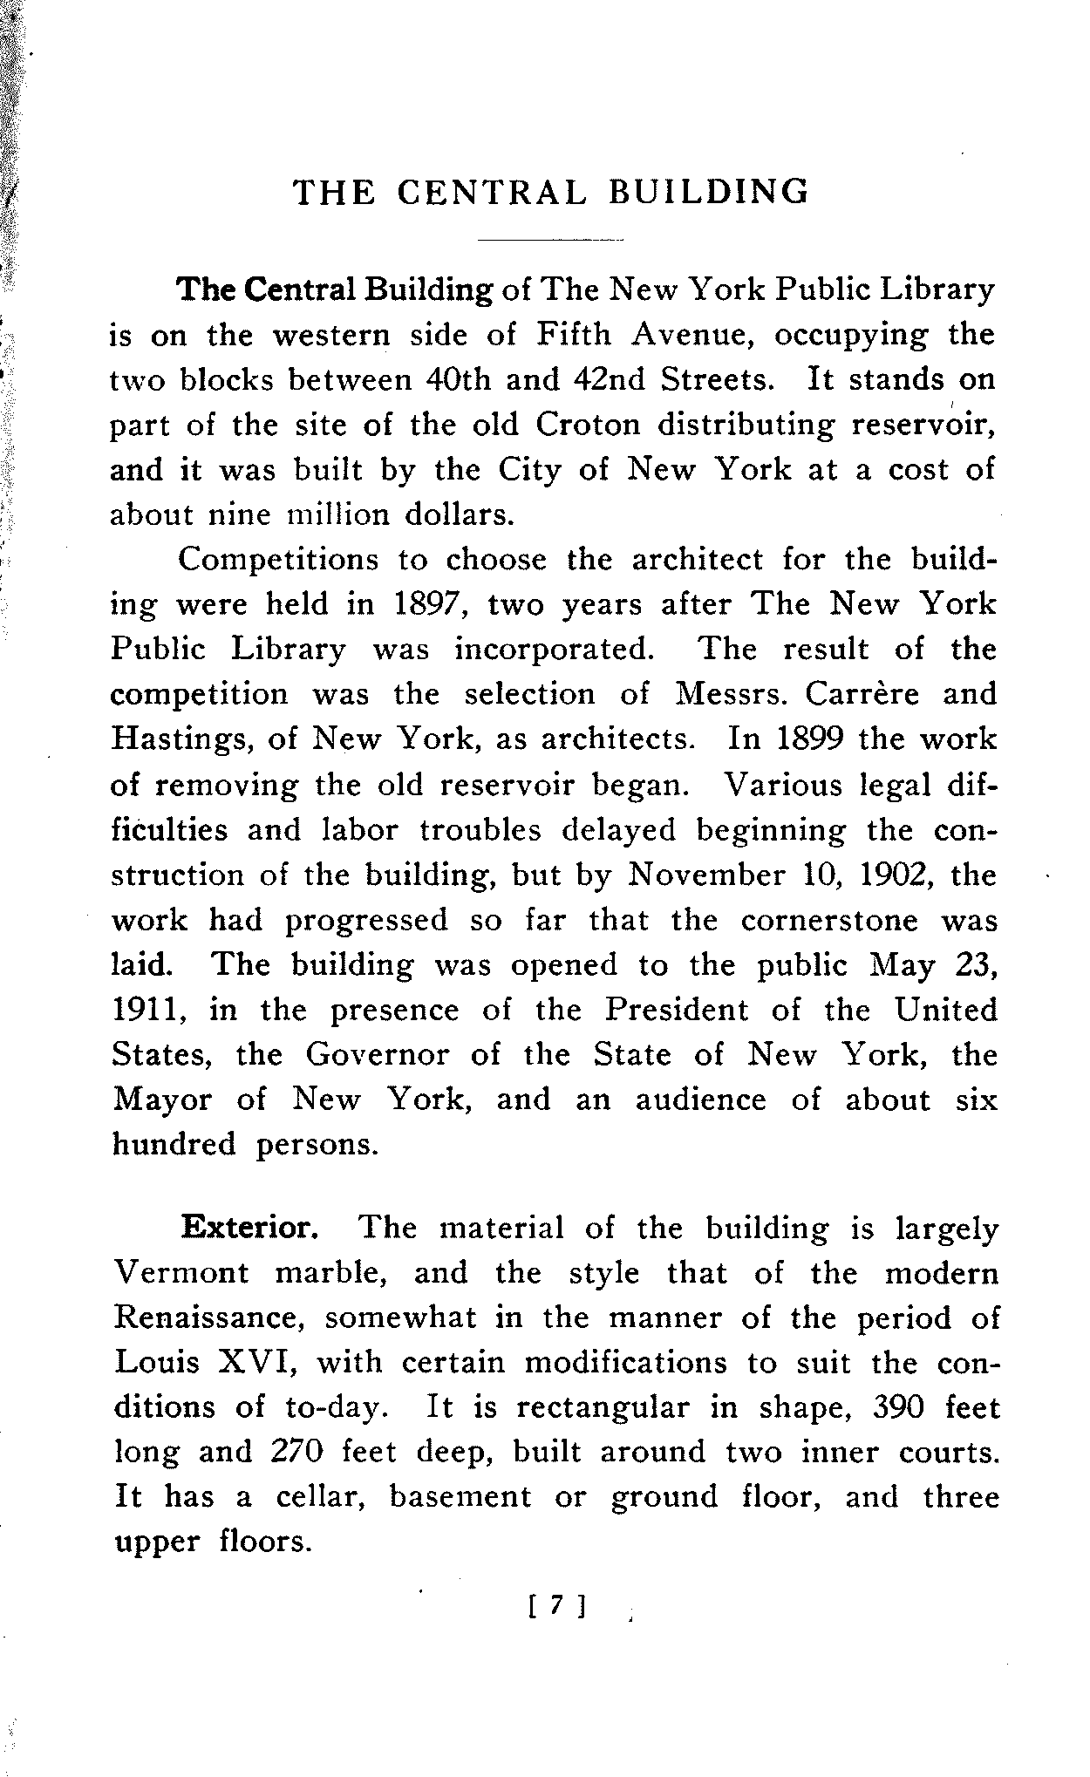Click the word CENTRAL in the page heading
[492, 192]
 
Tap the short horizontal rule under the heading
[551, 239]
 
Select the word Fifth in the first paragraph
[572, 335]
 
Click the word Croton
[588, 425]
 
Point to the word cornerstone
[829, 920]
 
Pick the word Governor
[377, 1055]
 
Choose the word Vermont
[181, 1273]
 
